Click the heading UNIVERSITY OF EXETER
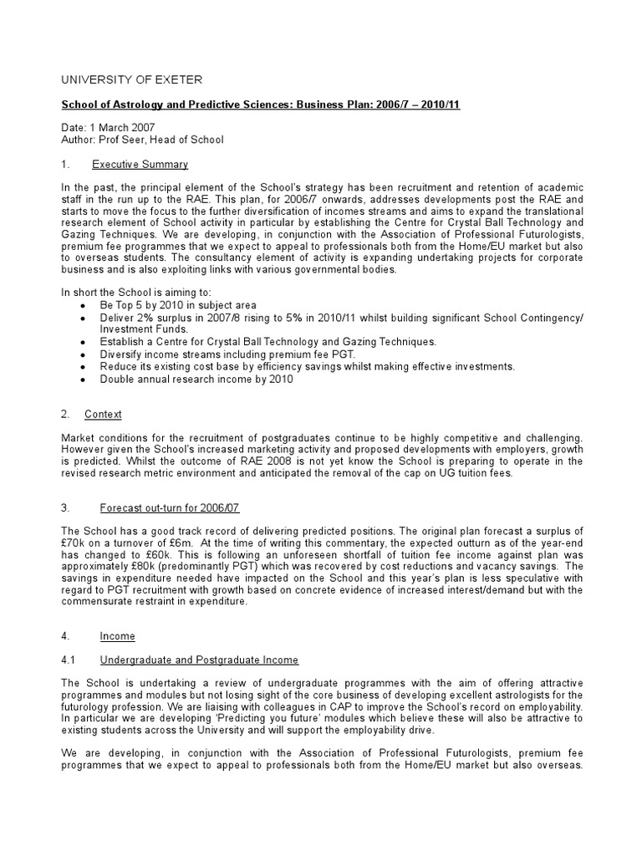(131, 79)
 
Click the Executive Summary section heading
(140, 164)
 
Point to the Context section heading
(103, 414)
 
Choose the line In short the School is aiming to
(130, 292)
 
